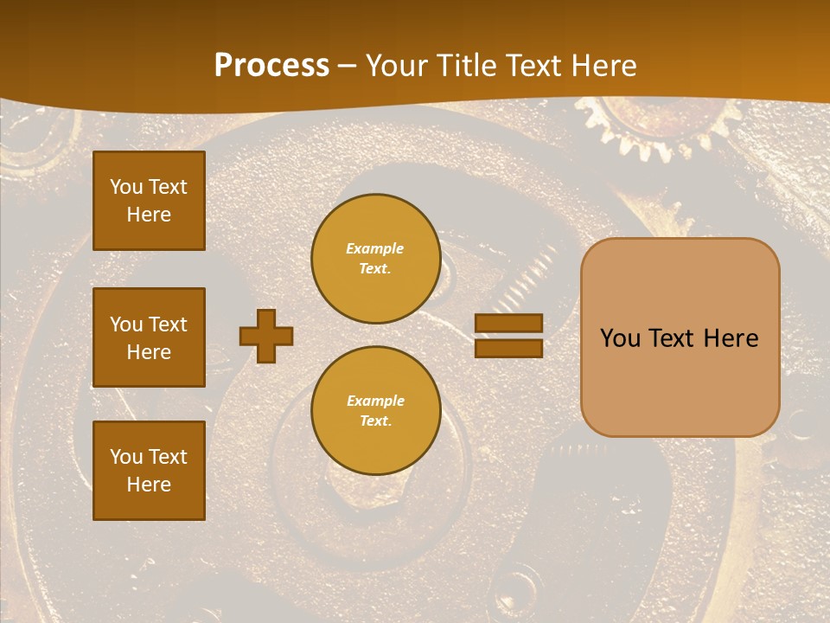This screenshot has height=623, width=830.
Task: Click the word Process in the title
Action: pyautogui.click(x=271, y=66)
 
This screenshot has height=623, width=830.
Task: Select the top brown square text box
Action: pyautogui.click(x=149, y=201)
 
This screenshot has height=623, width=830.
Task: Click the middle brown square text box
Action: pyautogui.click(x=149, y=337)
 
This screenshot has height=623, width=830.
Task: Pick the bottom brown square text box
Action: pyautogui.click(x=149, y=471)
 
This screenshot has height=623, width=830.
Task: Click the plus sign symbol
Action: pyautogui.click(x=266, y=336)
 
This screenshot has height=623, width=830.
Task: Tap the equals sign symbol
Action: pyautogui.click(x=508, y=336)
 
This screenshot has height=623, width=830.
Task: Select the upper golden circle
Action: pyautogui.click(x=375, y=259)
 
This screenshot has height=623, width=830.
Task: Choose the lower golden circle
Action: pyautogui.click(x=375, y=411)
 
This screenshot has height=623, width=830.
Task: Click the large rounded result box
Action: pyautogui.click(x=680, y=337)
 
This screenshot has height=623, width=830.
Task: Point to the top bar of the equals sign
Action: pyautogui.click(x=508, y=324)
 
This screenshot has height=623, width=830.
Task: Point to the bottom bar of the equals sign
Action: pyautogui.click(x=508, y=348)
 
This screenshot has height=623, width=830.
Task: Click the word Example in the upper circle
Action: pyautogui.click(x=374, y=248)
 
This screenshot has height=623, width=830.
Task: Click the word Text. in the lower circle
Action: pyautogui.click(x=375, y=421)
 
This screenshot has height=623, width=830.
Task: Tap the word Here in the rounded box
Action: pyautogui.click(x=731, y=338)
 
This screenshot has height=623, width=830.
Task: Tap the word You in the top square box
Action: pyautogui.click(x=126, y=187)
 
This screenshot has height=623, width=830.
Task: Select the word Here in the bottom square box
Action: pyautogui.click(x=149, y=485)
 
